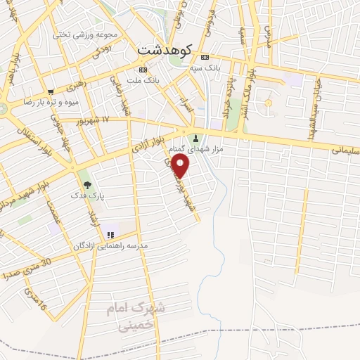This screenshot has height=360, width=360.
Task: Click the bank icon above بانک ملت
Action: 143,70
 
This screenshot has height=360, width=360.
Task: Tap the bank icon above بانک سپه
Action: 205,57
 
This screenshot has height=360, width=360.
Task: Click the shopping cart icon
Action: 51,91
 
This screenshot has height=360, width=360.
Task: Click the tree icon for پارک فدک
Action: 87,186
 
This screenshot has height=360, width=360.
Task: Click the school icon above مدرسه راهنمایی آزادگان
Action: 110,234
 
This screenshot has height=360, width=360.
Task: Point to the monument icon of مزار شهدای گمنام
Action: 196,136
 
